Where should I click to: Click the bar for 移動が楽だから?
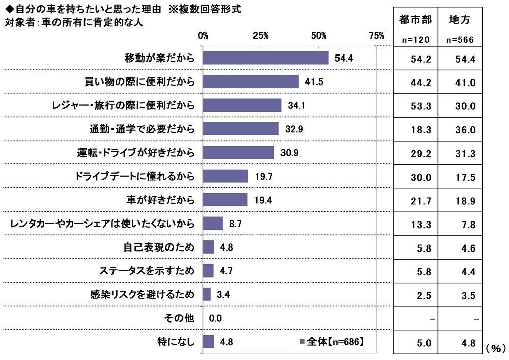(x=266, y=58)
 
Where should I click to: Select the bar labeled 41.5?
(x=250, y=81)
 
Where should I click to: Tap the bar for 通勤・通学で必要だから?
(x=241, y=129)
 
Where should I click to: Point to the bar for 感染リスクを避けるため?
(x=207, y=294)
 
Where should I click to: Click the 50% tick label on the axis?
(x=319, y=35)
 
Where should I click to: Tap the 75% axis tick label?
(x=376, y=35)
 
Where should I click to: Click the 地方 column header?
(x=460, y=20)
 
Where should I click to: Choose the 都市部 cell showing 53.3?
(x=421, y=106)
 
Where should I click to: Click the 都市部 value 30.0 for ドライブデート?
(x=421, y=177)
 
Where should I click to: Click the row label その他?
(x=179, y=318)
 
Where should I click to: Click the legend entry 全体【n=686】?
(x=331, y=342)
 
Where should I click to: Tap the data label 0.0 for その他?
(x=216, y=318)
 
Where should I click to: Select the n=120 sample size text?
(x=414, y=40)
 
